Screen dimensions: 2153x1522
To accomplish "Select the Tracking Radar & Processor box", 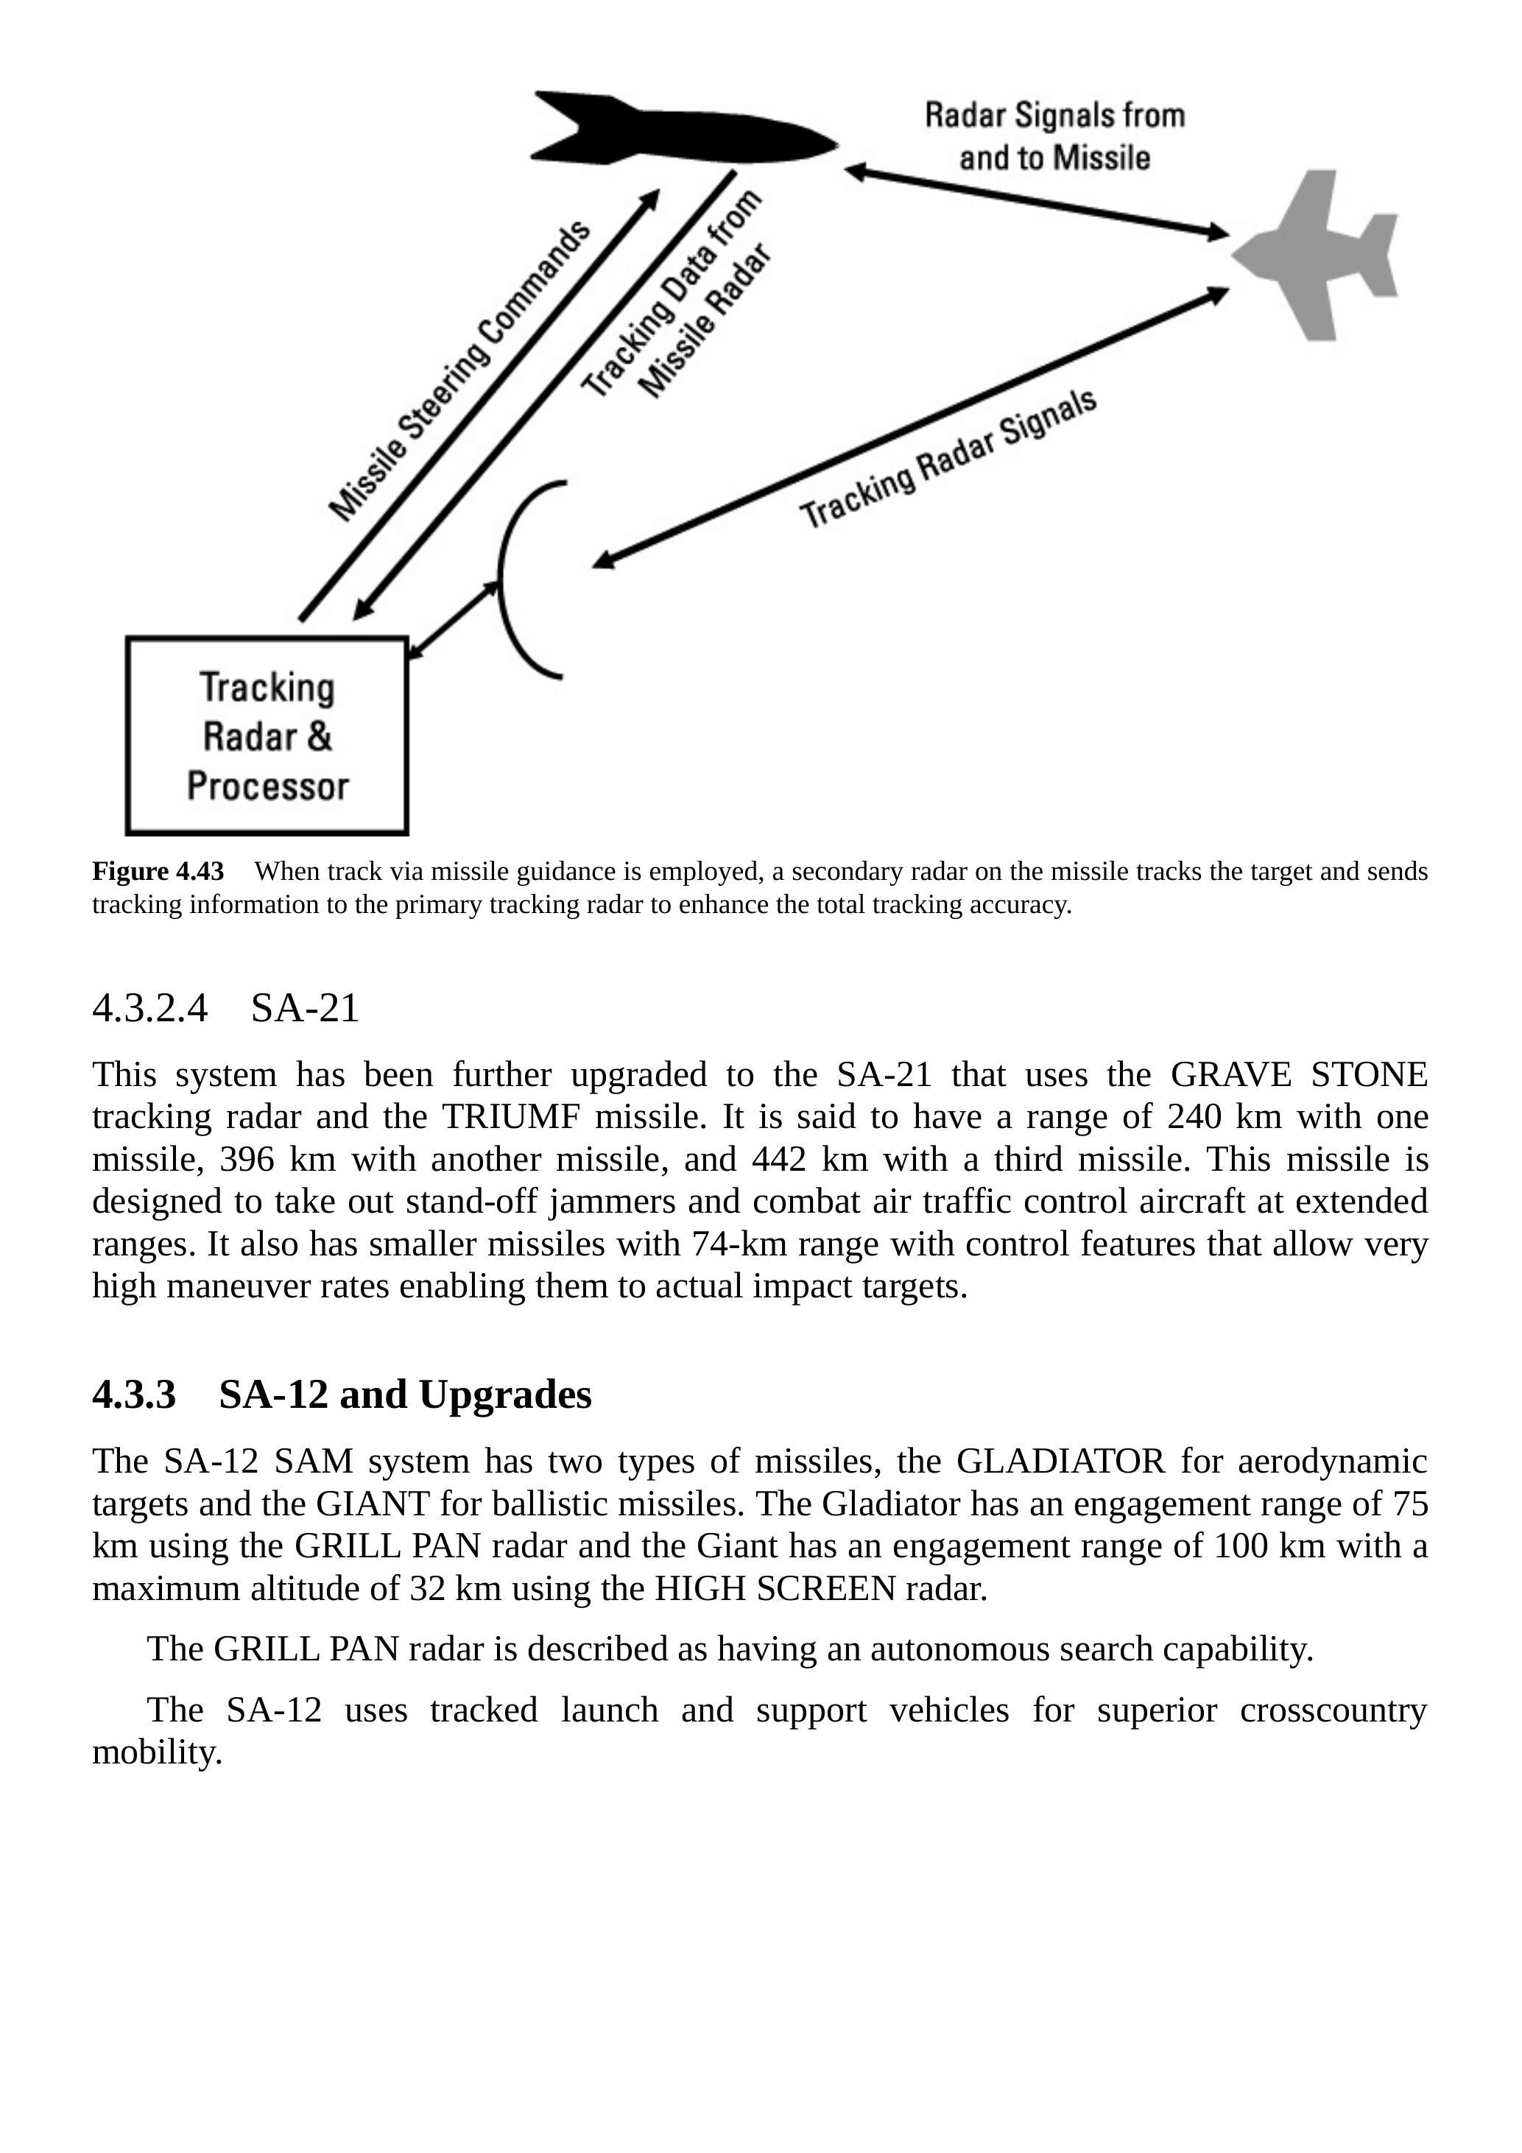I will pyautogui.click(x=267, y=736).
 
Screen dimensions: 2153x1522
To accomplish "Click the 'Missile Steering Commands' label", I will pyautogui.click(x=459, y=370).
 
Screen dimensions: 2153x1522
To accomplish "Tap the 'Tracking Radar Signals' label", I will pyautogui.click(x=947, y=459).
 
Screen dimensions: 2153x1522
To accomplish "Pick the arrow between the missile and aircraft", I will pyautogui.click(x=1036, y=202).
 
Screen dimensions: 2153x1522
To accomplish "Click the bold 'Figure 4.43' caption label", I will pyautogui.click(x=158, y=872).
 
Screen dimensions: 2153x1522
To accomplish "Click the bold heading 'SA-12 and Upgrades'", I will pyautogui.click(x=405, y=1395).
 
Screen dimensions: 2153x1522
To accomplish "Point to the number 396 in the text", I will pyautogui.click(x=247, y=1160).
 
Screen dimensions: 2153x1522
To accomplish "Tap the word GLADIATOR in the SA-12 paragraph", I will pyautogui.click(x=1060, y=1461).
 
